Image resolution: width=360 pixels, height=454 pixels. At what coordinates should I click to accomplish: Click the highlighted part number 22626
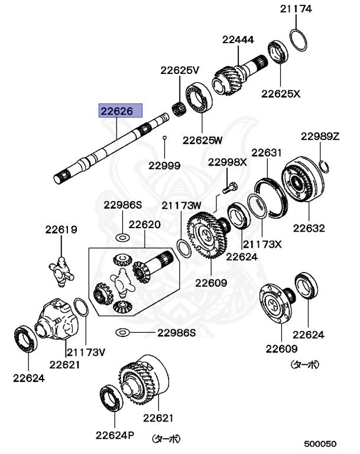[x=121, y=110]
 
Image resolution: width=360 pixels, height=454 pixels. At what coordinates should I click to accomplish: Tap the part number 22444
[x=238, y=40]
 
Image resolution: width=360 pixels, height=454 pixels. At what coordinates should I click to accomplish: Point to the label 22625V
[x=180, y=70]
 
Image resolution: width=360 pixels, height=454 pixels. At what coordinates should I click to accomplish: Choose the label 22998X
[x=227, y=162]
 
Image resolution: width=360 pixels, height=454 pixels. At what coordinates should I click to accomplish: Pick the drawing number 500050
[x=321, y=443]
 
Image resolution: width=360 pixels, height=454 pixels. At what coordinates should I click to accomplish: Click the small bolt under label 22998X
[x=229, y=187]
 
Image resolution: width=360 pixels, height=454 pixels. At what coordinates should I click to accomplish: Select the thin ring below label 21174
[x=299, y=40]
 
